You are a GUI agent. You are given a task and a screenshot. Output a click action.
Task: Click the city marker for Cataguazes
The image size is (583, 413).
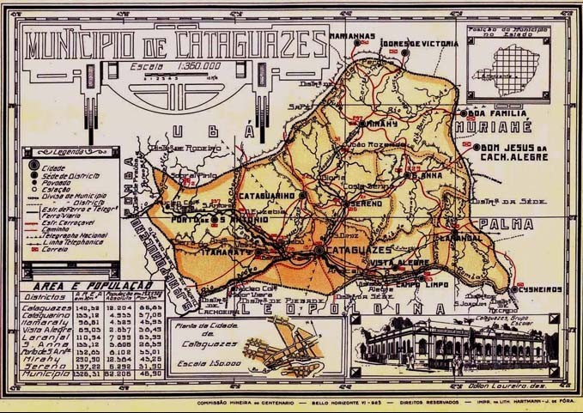(x=319, y=249)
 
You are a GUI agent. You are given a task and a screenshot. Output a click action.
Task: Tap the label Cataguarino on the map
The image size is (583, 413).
(x=266, y=196)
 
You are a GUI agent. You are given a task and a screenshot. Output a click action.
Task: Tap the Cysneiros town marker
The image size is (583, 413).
(x=513, y=290)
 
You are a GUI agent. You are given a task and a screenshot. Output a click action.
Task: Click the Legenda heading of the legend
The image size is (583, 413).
(x=70, y=151)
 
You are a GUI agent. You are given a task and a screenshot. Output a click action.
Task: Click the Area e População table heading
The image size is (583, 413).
(x=90, y=285)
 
